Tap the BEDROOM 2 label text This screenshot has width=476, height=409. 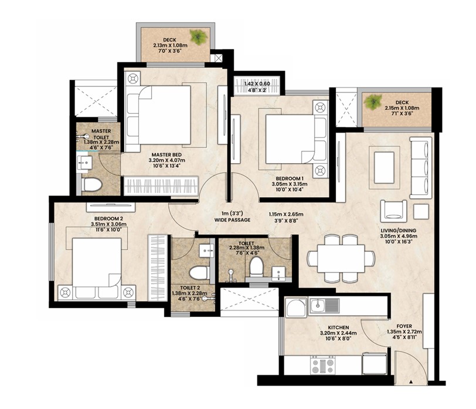coord(108,219)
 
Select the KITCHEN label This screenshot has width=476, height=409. coord(338,327)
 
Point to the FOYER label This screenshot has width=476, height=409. coord(404,326)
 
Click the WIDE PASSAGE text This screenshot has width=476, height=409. coord(233,220)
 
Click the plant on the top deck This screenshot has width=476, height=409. coord(199,37)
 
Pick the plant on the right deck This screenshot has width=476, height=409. coord(373,102)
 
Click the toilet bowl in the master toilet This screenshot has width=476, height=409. coord(91,185)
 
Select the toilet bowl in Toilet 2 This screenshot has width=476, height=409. coord(199,272)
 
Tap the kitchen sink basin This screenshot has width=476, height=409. coord(318,305)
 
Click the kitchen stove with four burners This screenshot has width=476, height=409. coord(322,366)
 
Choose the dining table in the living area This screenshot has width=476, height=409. coord(341,259)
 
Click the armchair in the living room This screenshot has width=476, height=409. coord(393,209)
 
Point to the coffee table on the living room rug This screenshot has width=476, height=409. coord(385,168)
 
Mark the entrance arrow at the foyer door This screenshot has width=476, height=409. coord(411,381)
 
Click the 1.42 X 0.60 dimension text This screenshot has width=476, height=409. coord(257,84)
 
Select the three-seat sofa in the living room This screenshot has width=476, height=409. coord(421,168)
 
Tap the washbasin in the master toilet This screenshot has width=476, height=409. coord(84,164)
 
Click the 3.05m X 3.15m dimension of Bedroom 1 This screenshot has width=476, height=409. coord(290,184)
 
